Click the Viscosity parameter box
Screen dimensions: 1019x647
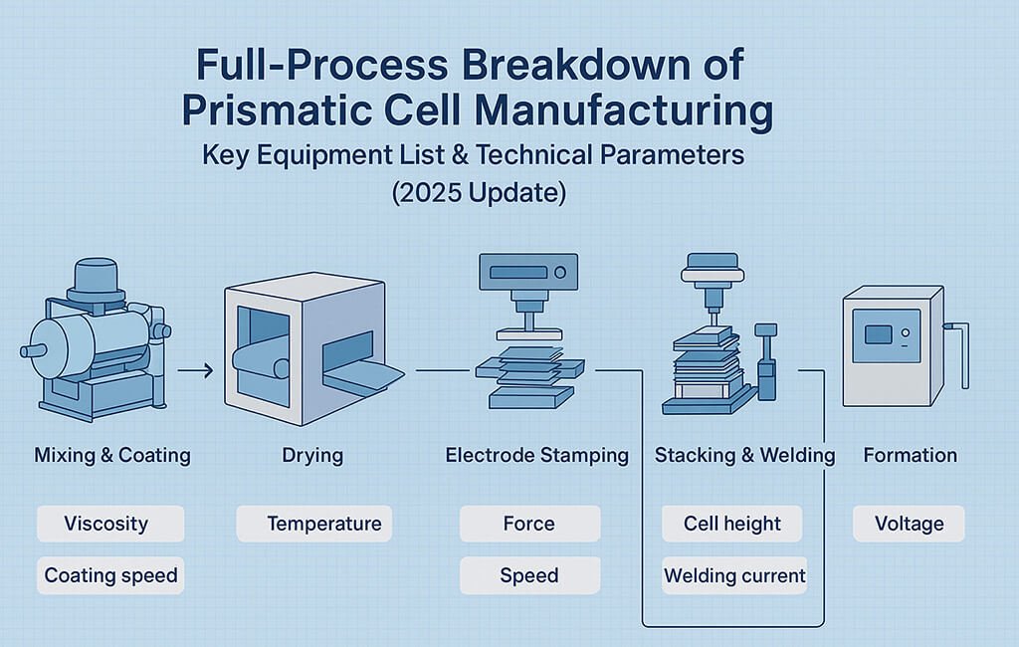[110, 524]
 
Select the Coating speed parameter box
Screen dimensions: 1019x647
[110, 575]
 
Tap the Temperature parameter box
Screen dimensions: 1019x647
[313, 524]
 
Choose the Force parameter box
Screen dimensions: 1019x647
[529, 524]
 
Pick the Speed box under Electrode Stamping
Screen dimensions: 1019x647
[529, 575]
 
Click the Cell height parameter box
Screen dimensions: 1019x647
[731, 524]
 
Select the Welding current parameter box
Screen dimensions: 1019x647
[734, 575]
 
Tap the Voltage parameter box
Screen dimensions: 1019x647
[909, 524]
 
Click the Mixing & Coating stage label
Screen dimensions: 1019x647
[112, 455]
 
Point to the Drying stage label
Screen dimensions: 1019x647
[312, 455]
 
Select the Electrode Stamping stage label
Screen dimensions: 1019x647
[536, 455]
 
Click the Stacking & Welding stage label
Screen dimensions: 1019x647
[744, 455]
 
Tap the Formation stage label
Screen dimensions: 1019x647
[910, 455]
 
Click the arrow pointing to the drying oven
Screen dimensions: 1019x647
[196, 370]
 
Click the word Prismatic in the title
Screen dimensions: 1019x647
[279, 109]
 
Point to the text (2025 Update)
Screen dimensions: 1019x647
[480, 193]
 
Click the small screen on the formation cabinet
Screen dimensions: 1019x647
[878, 334]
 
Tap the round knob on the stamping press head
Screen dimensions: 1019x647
[560, 273]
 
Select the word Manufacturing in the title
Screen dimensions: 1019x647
[624, 109]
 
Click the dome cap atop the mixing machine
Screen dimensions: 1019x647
[97, 277]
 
